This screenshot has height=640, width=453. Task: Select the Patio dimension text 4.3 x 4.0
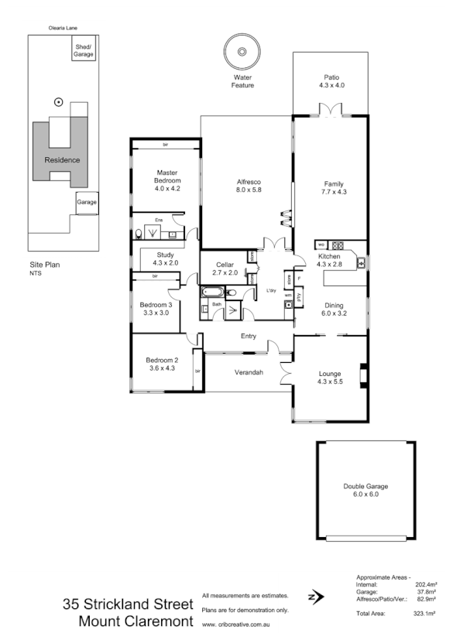click(331, 86)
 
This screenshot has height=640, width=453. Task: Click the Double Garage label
click(365, 486)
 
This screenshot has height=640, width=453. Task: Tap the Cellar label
click(223, 265)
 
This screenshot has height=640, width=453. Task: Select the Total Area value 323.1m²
click(426, 614)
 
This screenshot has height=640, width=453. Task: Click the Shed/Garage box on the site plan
click(84, 52)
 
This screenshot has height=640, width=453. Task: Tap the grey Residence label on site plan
click(62, 160)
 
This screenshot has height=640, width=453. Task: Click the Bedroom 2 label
click(162, 361)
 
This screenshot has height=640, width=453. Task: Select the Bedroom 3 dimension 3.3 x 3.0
click(155, 313)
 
